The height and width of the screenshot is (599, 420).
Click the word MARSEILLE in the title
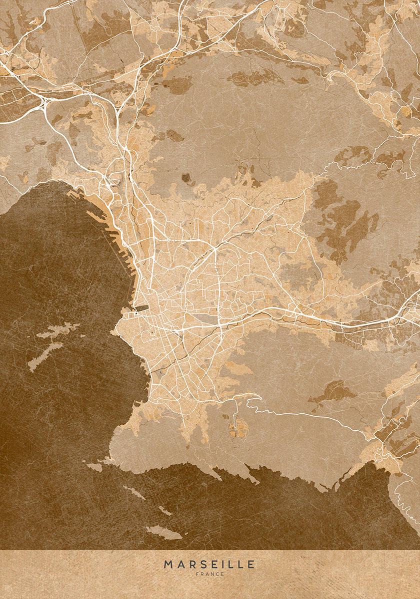point(209,565)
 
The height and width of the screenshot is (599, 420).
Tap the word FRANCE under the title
point(209,575)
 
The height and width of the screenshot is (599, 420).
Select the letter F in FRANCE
point(197,575)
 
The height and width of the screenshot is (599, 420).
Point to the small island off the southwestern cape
point(94,467)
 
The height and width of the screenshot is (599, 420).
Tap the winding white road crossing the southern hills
point(300,414)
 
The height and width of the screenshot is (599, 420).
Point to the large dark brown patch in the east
point(345,225)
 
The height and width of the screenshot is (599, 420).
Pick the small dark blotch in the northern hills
point(187,177)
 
